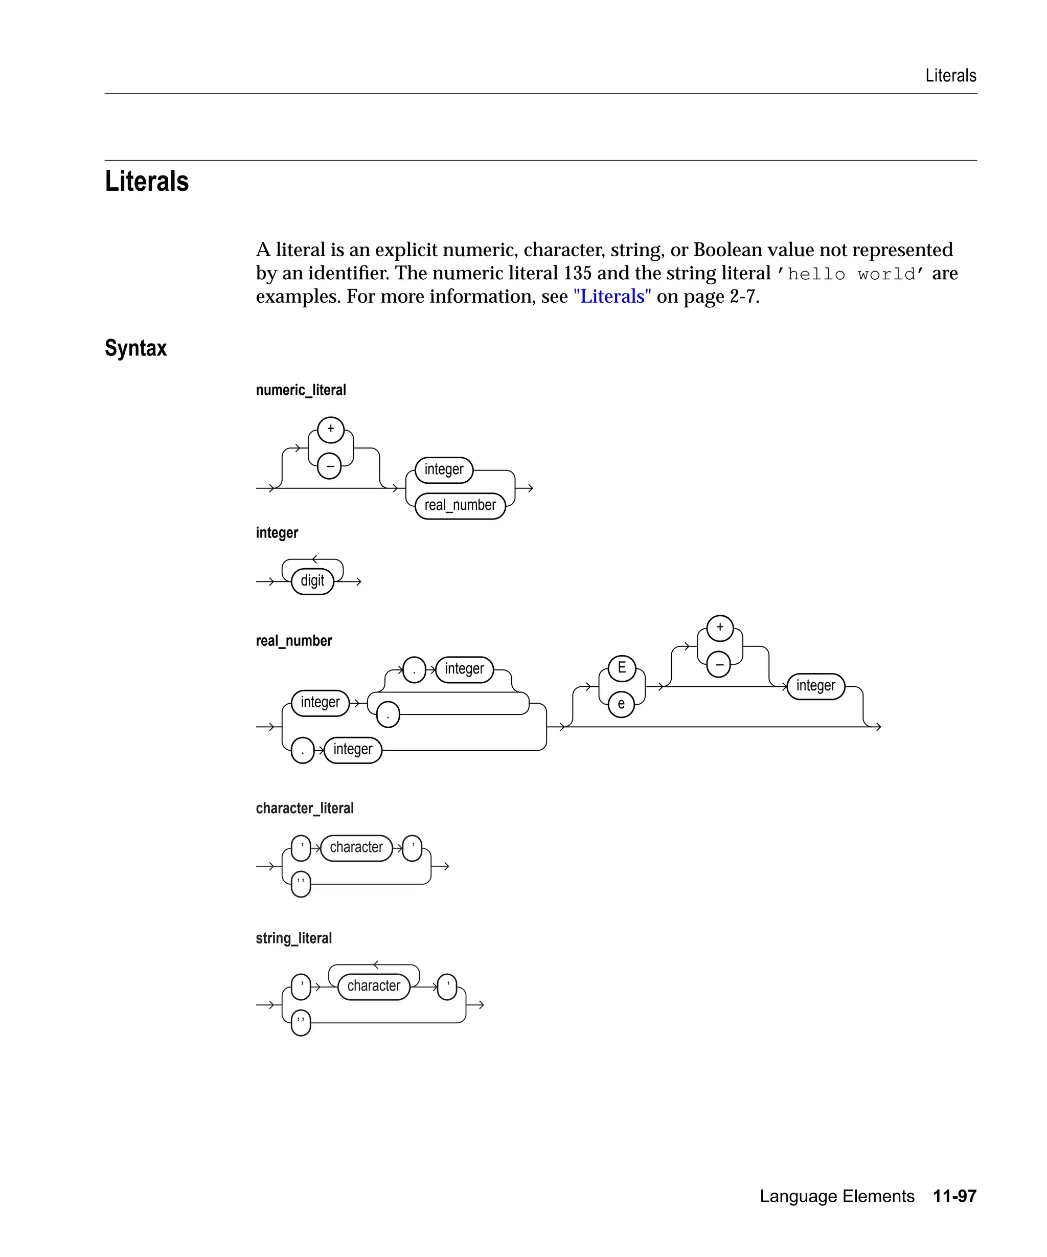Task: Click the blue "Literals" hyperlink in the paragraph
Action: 611,297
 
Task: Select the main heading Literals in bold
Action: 147,182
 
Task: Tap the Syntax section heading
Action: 136,348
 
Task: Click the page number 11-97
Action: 954,1196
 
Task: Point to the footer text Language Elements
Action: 836,1196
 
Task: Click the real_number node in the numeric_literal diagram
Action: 460,505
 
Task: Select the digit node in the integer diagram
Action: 312,580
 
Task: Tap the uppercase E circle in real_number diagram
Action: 622,668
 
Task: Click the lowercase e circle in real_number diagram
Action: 621,704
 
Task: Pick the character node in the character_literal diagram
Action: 356,847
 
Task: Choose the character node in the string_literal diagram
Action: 373,986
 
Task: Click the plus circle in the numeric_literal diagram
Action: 331,429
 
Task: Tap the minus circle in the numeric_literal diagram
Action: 330,466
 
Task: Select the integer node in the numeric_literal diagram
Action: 444,469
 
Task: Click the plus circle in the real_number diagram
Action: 720,628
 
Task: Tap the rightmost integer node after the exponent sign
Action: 815,686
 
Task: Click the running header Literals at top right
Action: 950,75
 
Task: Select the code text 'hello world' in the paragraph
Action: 850,274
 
